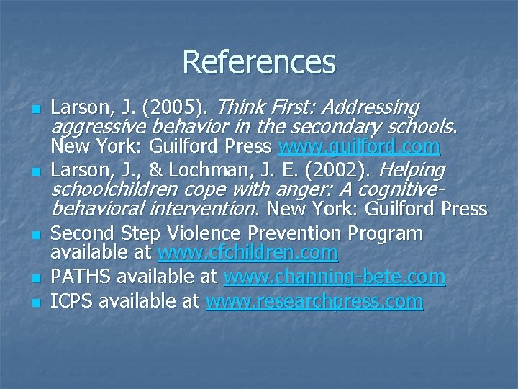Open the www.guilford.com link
(x=359, y=148)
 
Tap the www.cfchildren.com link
(x=247, y=253)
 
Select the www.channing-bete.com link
(x=335, y=277)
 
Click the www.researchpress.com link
(x=314, y=301)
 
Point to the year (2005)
(x=176, y=108)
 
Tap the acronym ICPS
(x=72, y=301)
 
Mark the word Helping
(x=412, y=171)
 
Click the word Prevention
(x=296, y=233)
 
